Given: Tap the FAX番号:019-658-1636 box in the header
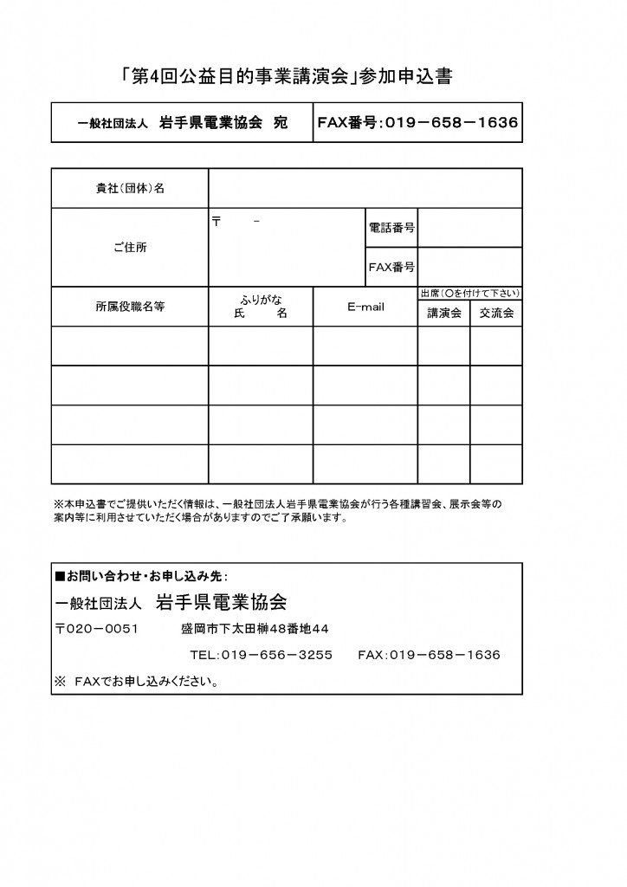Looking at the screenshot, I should point(417,123).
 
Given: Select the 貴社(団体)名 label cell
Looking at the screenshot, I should point(130,189).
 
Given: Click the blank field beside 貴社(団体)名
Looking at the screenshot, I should point(365,189).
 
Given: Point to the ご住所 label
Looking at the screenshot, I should point(130,247).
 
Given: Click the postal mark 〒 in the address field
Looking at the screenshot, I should point(217,222).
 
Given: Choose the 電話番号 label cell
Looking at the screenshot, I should point(391,228).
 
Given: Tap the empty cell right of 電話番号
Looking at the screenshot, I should point(469,228).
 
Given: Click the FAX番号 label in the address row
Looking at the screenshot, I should point(391,267).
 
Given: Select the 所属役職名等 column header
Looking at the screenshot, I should point(130,307).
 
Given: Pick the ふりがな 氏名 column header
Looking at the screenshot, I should point(261,307).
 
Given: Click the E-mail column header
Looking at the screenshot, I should point(365,307).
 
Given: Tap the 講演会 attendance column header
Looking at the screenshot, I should point(444,313).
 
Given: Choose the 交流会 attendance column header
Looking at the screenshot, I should point(496,313).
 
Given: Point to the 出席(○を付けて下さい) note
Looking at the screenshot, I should point(470,293).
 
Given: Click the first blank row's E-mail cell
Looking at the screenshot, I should point(365,346).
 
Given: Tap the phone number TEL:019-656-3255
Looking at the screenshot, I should point(261,655).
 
